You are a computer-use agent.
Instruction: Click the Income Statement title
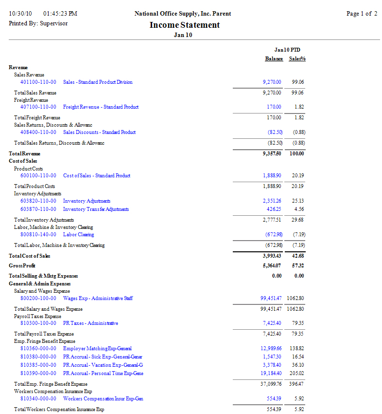coord(185,25)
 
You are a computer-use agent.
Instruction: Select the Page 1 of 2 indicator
coord(362,14)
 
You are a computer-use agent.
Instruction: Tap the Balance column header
coord(274,59)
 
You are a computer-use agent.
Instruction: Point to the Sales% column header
coord(297,59)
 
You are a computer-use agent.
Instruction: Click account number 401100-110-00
coord(38,82)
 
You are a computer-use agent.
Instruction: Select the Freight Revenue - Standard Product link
coord(101,107)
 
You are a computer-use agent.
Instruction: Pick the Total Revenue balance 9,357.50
coord(271,154)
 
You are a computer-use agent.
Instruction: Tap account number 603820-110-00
coord(38,201)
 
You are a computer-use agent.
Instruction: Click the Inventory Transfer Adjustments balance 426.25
coord(274,209)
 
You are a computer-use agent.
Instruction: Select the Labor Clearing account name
coord(78,235)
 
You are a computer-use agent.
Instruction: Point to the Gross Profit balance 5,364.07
coord(271,266)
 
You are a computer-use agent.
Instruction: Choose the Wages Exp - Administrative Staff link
coord(98,299)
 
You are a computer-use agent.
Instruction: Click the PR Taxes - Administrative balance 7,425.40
coord(272,323)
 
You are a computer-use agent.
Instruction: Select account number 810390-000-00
coord(38,374)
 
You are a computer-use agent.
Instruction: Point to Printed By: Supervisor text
coord(38,23)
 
